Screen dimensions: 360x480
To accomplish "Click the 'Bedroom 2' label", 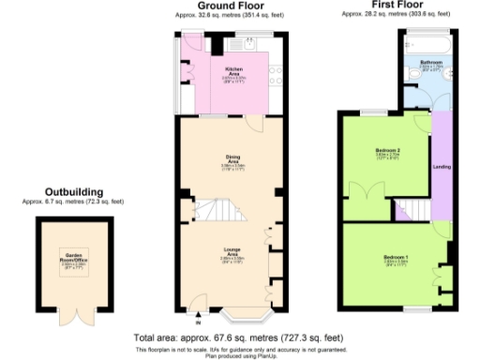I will coord(388,151).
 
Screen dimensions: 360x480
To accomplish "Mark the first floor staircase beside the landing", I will coord(411,209).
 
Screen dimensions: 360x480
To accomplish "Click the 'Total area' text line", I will coord(239,337).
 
